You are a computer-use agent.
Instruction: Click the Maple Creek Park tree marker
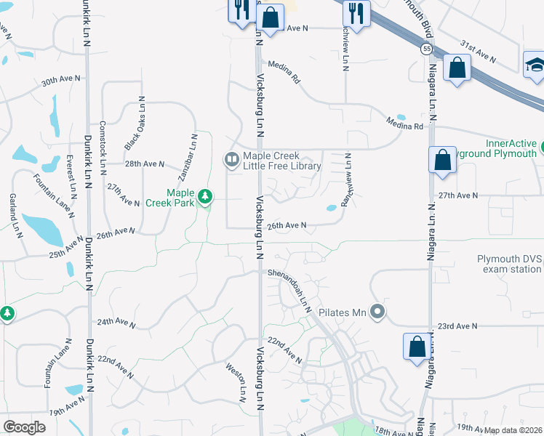click(x=206, y=197)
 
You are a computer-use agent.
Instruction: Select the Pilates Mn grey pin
click(x=377, y=313)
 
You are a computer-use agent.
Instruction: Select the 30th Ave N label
click(x=59, y=81)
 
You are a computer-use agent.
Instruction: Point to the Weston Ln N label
click(x=236, y=381)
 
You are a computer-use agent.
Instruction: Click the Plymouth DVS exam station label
click(x=509, y=264)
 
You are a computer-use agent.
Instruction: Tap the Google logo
click(x=24, y=427)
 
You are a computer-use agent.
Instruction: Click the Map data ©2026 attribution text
click(x=513, y=430)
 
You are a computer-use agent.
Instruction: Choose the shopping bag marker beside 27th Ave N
click(x=442, y=159)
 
